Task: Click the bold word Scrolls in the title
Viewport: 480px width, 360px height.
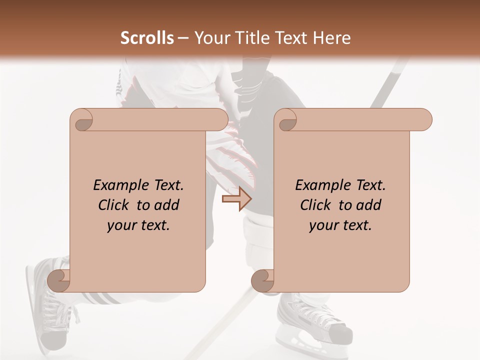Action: (x=147, y=38)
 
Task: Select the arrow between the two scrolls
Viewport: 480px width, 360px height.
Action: (x=236, y=199)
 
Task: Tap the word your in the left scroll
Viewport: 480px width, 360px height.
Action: (x=120, y=225)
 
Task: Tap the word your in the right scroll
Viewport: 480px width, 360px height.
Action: (x=322, y=225)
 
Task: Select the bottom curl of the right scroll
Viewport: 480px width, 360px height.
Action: (x=263, y=280)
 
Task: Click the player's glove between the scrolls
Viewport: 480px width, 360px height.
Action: (x=235, y=150)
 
